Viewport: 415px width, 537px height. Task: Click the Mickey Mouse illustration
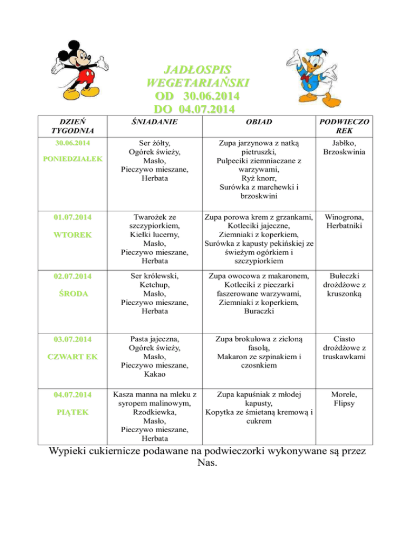coord(82,70)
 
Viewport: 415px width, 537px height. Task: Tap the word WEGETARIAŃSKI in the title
coord(198,83)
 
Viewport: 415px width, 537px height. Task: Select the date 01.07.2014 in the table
coord(72,218)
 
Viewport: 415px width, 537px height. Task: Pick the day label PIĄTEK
coord(72,412)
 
